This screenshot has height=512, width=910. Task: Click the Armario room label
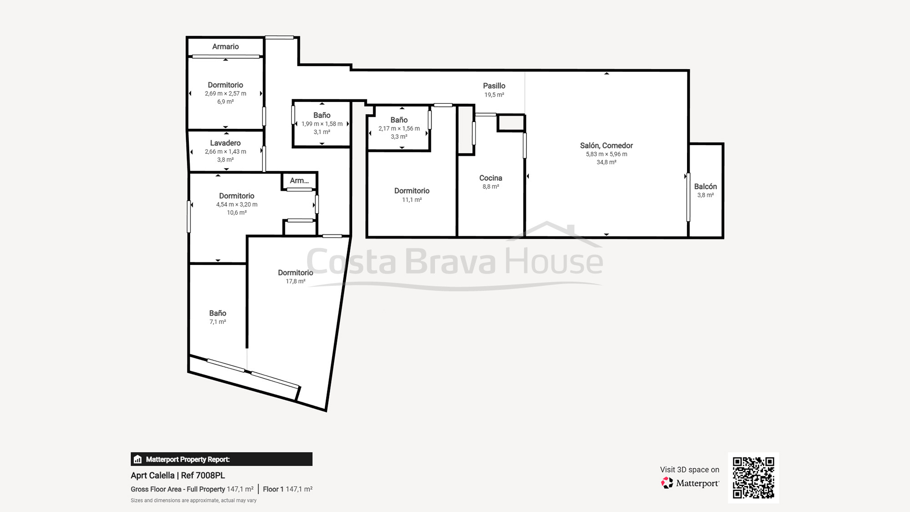[225, 46]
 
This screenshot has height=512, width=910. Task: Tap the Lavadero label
[225, 143]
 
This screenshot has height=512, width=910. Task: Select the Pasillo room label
[494, 86]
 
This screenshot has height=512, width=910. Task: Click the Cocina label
[490, 178]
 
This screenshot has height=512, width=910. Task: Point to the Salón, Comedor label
[606, 146]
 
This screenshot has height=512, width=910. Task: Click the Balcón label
[705, 187]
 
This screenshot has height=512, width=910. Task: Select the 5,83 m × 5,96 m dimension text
[606, 154]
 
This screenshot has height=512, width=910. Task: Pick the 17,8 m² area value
[295, 281]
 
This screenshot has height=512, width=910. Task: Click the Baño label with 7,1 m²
[217, 313]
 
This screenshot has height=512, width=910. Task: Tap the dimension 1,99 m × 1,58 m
[322, 124]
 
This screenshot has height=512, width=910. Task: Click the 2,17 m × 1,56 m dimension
[399, 128]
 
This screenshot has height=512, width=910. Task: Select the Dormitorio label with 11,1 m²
[412, 191]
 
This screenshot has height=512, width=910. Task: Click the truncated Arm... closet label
[299, 181]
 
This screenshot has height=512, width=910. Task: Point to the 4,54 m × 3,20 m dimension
[237, 204]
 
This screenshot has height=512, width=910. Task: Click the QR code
[753, 477]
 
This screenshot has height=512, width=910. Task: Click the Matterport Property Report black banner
[221, 459]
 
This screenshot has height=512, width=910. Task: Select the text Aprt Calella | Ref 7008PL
[177, 475]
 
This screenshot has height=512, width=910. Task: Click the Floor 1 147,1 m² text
[288, 489]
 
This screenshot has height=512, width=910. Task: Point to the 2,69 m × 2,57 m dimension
[225, 93]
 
